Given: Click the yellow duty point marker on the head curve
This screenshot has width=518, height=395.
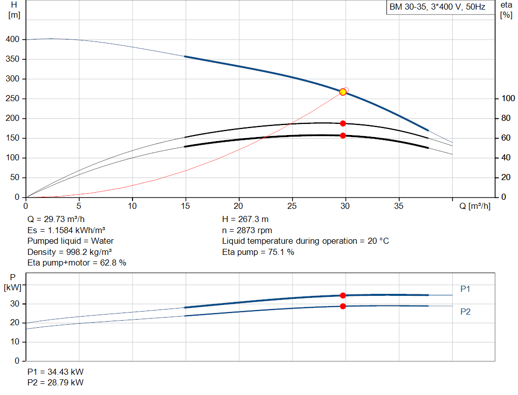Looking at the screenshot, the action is [x=343, y=92].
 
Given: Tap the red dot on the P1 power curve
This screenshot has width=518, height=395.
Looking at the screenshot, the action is [x=343, y=295].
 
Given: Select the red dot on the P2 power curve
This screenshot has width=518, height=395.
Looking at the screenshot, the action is [x=343, y=306].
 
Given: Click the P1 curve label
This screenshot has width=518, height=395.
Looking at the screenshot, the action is [x=465, y=289].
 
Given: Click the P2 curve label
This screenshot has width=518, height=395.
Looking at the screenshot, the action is [x=465, y=312].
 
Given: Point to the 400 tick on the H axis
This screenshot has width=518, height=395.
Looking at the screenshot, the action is [x=13, y=39].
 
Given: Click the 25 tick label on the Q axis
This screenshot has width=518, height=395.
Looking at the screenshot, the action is [x=292, y=206].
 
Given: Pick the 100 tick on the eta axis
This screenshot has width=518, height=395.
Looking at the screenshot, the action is [x=508, y=99].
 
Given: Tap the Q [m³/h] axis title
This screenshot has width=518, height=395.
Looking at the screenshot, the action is [x=474, y=206].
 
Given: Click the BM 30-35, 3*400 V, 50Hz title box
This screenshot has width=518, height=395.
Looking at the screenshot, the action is [x=441, y=7].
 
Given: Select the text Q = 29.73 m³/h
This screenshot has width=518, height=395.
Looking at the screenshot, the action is [x=56, y=220].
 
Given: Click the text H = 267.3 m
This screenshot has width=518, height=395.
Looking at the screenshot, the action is [x=245, y=220].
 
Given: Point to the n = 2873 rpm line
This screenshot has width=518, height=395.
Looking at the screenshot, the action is [x=247, y=230].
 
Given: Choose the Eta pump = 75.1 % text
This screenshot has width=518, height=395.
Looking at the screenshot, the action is [x=258, y=252].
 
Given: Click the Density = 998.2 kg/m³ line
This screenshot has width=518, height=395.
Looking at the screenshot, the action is [x=69, y=252].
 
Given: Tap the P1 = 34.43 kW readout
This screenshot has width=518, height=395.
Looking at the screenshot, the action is [x=56, y=372].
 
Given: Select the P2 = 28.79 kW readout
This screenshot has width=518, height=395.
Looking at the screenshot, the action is [x=56, y=382].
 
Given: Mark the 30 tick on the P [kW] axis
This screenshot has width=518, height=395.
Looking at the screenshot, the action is [x=15, y=304].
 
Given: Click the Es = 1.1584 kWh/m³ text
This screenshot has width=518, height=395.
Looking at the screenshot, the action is [x=66, y=230].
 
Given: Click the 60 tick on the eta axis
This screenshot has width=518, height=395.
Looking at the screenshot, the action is [x=506, y=138].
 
